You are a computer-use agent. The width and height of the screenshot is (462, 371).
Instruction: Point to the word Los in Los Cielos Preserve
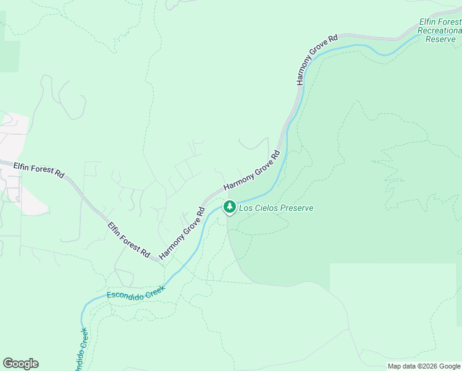click(x=245, y=208)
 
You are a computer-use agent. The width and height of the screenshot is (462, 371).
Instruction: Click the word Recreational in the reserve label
click(x=439, y=30)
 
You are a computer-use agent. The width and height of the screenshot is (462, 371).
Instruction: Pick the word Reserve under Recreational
click(x=440, y=38)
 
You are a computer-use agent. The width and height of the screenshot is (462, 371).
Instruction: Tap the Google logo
click(x=20, y=364)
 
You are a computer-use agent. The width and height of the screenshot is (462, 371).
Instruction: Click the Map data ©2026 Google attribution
click(x=424, y=366)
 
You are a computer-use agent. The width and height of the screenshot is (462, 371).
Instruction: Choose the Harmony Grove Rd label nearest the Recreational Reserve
click(x=317, y=59)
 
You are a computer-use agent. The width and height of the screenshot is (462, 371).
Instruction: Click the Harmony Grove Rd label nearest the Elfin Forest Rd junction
click(x=182, y=234)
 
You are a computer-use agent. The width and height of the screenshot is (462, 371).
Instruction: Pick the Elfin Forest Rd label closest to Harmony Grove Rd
click(x=128, y=240)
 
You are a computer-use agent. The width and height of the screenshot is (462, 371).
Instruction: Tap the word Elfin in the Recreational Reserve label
click(x=427, y=22)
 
